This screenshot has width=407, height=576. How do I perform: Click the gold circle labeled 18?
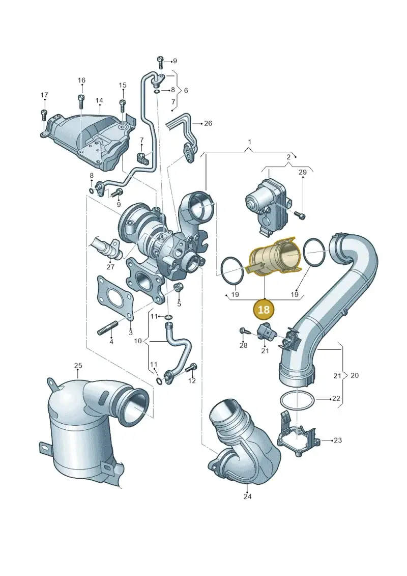click(264, 309)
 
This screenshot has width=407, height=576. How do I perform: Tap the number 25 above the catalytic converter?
click(78, 366)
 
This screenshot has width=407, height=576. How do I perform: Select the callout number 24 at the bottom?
click(247, 496)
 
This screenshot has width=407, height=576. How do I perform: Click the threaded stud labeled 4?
click(107, 327)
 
